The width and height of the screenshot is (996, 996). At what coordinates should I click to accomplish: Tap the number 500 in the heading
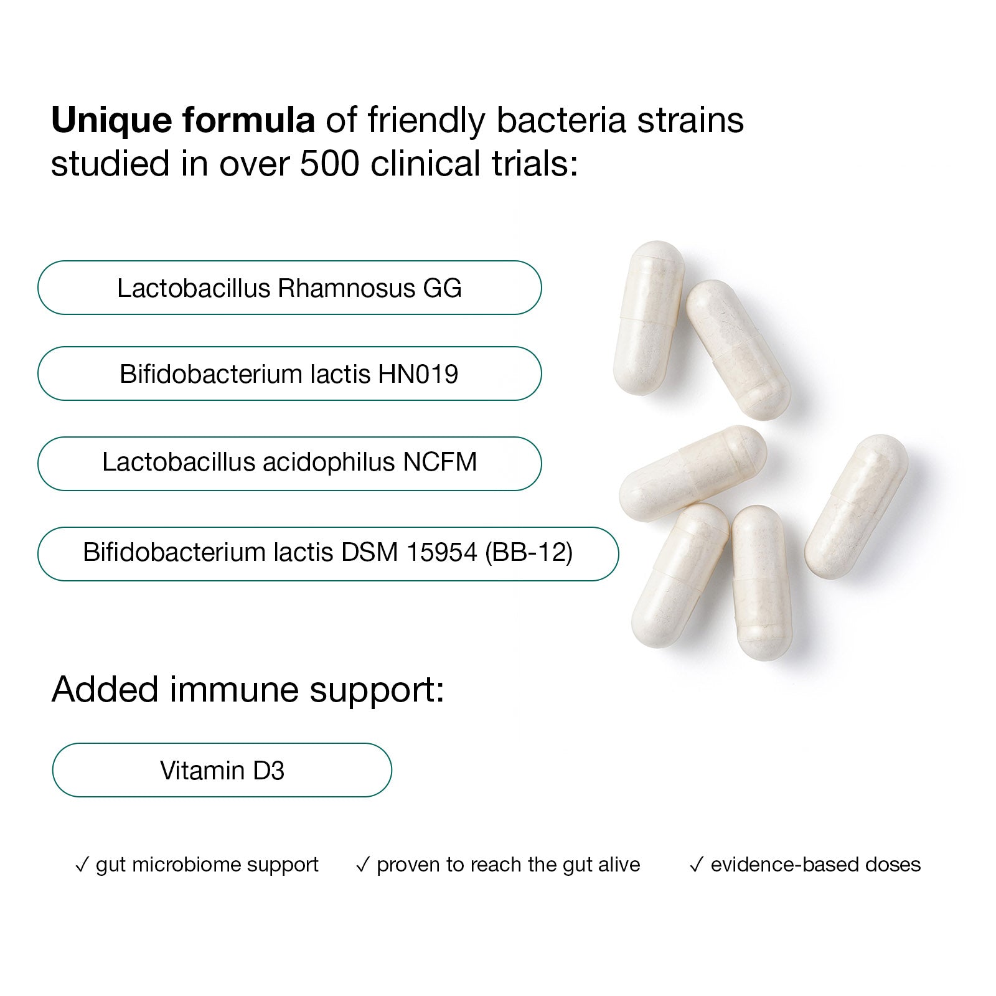tap(330, 164)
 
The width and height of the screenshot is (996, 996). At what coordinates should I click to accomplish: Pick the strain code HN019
tap(418, 374)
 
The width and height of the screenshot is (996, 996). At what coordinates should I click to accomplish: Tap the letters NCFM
tap(440, 462)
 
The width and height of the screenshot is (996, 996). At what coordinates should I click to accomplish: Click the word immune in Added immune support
tap(235, 690)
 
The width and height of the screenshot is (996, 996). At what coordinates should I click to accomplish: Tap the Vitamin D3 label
tap(222, 771)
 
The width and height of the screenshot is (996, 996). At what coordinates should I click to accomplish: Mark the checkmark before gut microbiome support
tap(82, 865)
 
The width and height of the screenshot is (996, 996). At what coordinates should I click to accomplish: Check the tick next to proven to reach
tap(363, 865)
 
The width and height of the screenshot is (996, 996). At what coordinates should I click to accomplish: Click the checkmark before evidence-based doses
tap(697, 865)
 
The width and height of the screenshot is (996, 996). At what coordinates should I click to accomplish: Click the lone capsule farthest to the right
tap(857, 507)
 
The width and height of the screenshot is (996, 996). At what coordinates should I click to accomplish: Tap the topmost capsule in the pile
tap(649, 317)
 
